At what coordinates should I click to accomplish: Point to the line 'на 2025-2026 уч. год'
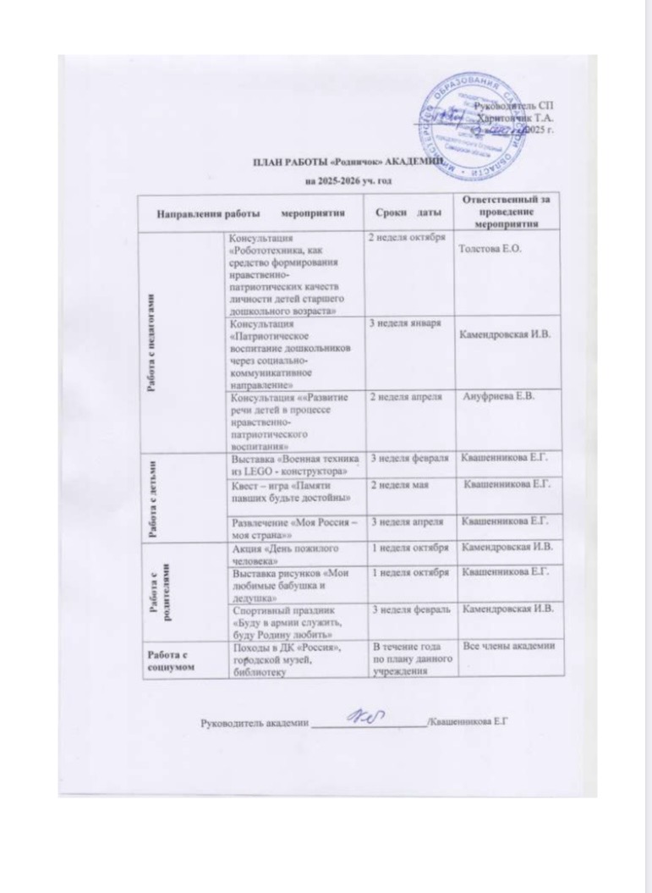(347, 180)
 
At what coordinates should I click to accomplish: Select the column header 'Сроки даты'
(407, 210)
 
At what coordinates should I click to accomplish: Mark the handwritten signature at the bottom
(364, 717)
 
